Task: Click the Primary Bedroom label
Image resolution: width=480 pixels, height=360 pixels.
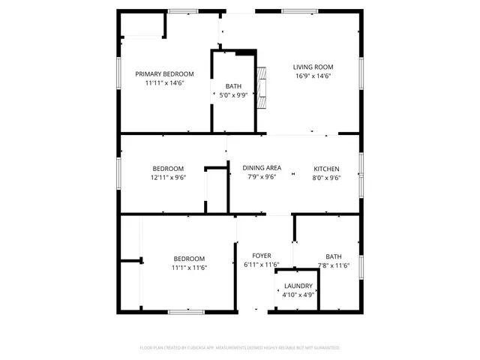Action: click(x=164, y=73)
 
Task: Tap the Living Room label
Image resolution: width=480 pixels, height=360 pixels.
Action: click(x=313, y=67)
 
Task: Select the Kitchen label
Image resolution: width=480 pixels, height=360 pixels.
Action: click(x=326, y=168)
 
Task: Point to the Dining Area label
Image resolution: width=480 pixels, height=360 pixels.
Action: click(x=262, y=168)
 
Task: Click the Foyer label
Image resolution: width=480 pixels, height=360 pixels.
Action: click(x=262, y=256)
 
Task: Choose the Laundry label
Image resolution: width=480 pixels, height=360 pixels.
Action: click(x=298, y=286)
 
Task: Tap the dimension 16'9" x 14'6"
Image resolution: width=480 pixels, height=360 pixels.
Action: click(x=313, y=76)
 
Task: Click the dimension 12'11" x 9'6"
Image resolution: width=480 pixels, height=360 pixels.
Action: click(x=168, y=178)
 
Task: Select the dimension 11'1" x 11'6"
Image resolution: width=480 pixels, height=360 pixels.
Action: click(x=189, y=268)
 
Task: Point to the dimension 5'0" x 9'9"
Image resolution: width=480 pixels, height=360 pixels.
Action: click(x=234, y=95)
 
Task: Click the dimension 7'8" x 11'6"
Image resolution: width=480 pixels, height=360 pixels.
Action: click(x=333, y=265)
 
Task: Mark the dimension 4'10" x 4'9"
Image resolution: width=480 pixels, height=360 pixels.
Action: click(x=298, y=295)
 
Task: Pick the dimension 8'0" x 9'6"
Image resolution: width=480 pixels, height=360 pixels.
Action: click(x=326, y=178)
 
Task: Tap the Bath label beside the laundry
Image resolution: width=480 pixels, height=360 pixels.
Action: click(x=333, y=256)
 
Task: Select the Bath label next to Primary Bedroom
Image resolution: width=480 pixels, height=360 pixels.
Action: click(x=234, y=86)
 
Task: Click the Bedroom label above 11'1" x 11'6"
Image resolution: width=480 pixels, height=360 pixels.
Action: click(x=189, y=259)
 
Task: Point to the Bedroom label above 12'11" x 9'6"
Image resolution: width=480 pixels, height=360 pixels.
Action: click(x=168, y=168)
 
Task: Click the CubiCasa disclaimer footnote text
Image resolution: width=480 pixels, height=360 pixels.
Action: click(x=240, y=348)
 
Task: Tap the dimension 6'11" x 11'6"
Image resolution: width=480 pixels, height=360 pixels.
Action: click(x=262, y=265)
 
